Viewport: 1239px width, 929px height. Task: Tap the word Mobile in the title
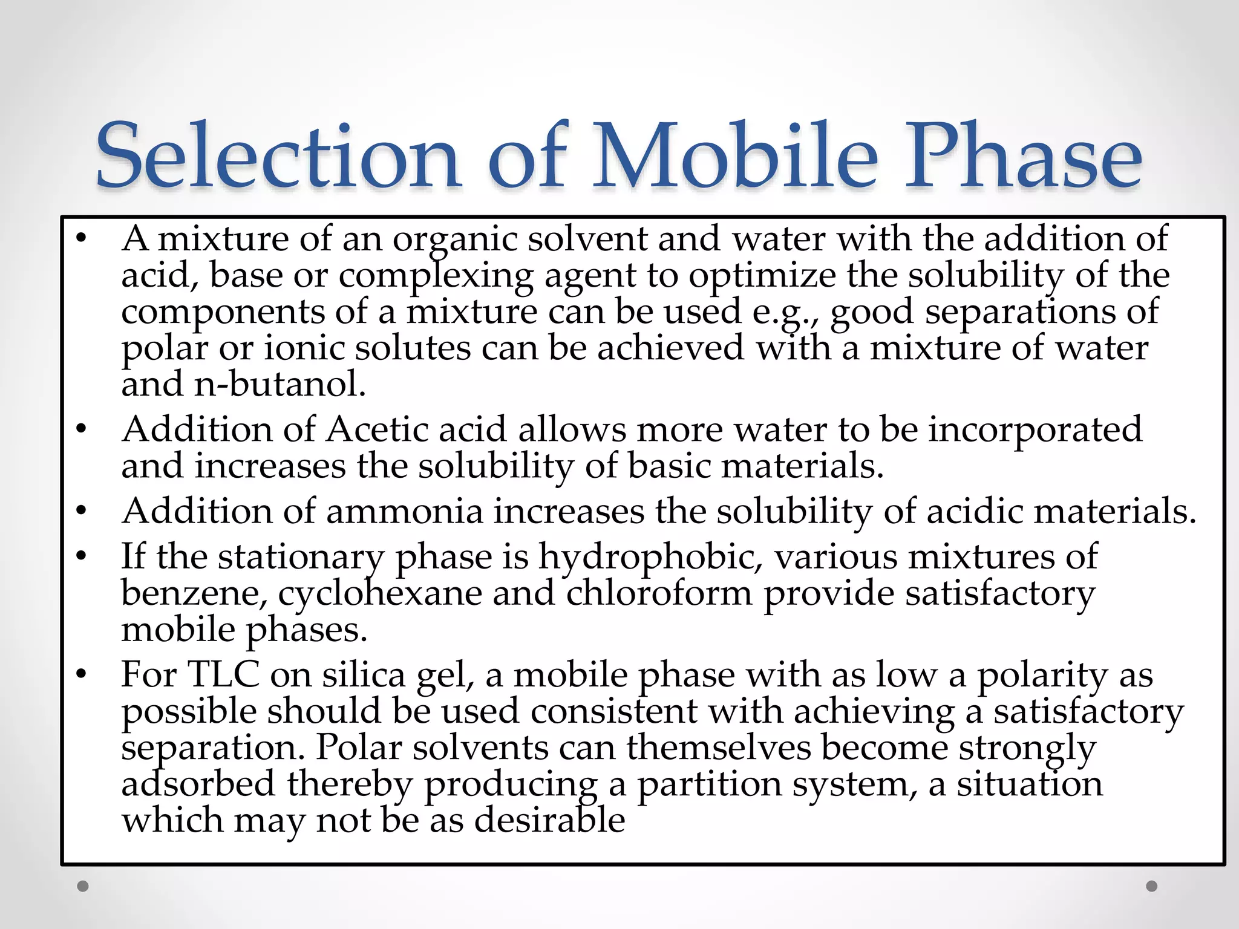734,156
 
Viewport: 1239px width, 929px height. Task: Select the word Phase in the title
1022,156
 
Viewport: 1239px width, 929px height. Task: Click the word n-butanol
280,384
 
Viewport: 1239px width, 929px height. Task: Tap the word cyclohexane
380,593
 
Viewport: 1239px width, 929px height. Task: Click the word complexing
436,276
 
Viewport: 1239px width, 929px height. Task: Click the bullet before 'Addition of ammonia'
82,512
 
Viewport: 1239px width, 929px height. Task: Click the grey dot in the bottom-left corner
83,886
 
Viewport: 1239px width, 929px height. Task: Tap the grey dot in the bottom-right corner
1152,886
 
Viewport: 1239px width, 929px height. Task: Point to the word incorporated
1035,430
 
